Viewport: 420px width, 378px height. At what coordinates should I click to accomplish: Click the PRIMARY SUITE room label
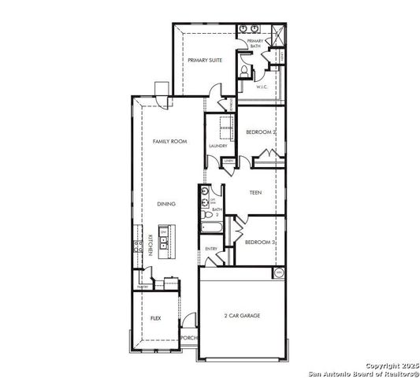203,60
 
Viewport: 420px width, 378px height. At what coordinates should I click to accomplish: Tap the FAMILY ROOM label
169,141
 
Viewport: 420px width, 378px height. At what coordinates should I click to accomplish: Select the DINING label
165,204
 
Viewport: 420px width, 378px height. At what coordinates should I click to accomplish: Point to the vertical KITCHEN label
150,243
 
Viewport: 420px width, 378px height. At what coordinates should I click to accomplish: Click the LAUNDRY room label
218,146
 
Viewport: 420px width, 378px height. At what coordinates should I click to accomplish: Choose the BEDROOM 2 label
260,132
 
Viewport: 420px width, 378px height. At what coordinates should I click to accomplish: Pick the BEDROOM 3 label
259,243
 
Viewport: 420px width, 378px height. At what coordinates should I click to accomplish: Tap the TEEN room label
255,193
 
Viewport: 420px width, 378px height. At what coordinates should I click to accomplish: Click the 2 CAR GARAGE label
241,316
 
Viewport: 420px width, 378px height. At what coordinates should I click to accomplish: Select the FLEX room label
155,318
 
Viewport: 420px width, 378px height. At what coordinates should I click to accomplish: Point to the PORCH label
189,338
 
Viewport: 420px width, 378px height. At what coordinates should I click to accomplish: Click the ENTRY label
211,249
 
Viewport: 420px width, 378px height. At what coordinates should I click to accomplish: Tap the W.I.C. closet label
263,87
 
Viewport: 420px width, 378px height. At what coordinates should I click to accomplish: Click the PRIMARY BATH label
255,44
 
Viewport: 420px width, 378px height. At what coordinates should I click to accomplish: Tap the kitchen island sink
164,235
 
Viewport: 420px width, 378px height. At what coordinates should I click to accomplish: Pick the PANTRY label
143,287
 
